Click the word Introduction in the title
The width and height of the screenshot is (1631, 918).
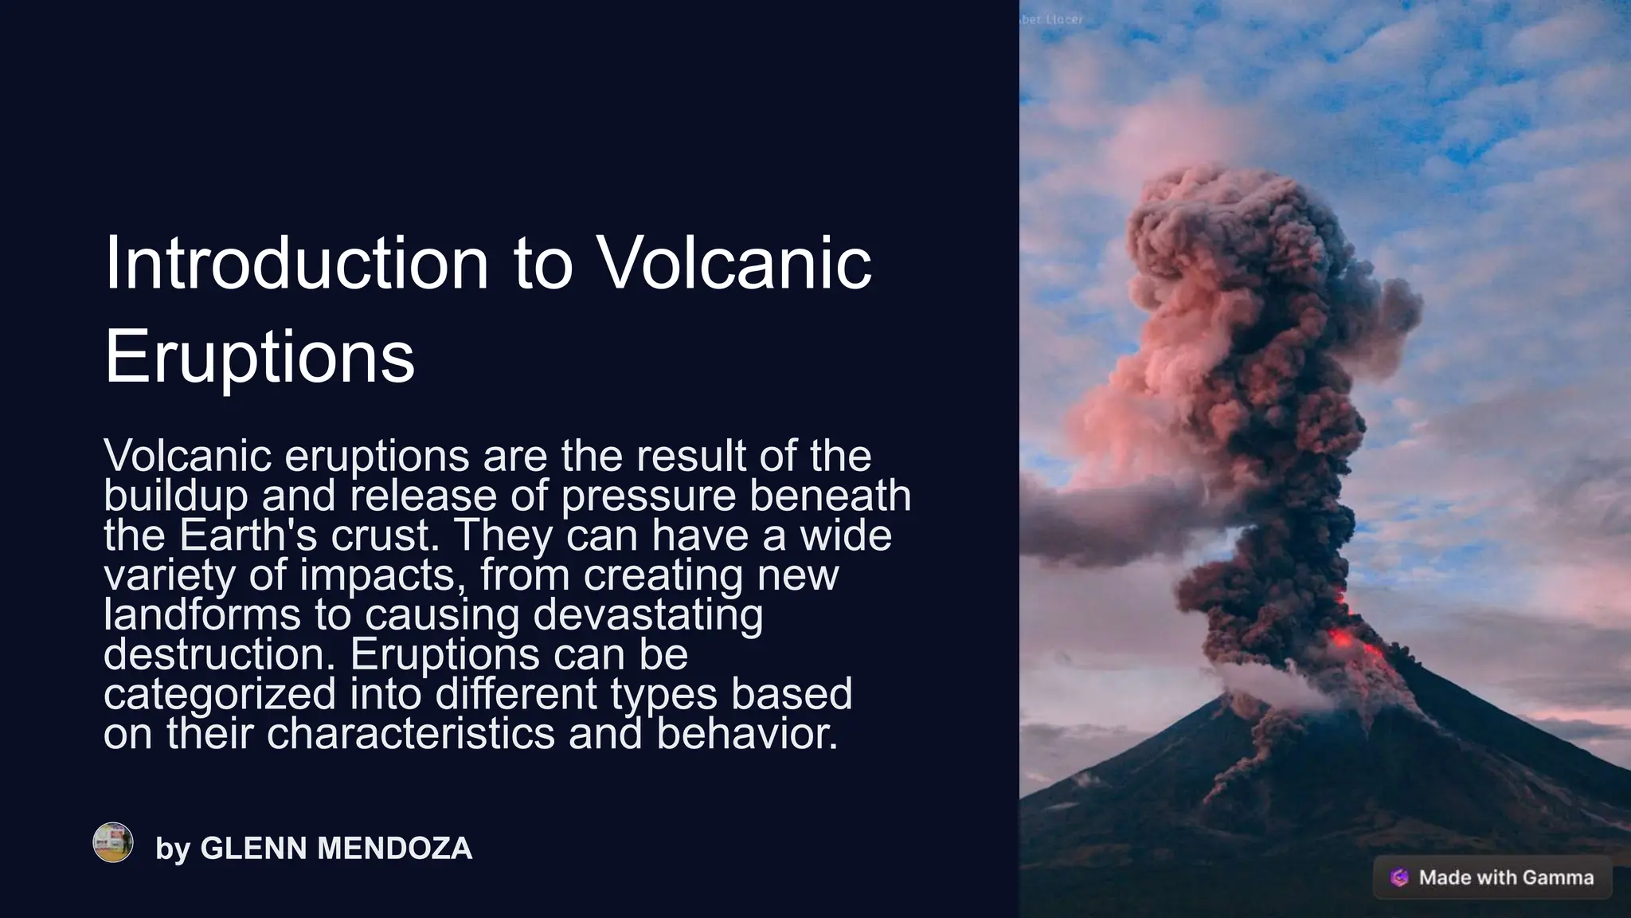tap(296, 264)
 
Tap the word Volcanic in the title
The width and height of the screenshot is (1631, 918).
tap(733, 264)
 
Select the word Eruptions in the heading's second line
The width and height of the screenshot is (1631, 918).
tap(260, 356)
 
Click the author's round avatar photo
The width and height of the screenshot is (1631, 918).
tap(113, 842)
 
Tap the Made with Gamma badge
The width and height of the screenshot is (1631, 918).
tap(1492, 877)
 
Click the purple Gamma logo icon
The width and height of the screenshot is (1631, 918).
tap(1399, 877)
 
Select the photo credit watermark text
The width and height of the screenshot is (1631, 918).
tap(1052, 19)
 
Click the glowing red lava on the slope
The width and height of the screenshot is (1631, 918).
tap(1341, 637)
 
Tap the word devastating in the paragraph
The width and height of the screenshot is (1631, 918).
tap(647, 614)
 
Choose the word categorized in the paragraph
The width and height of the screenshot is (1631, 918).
tap(220, 693)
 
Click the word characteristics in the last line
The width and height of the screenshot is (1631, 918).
tap(410, 733)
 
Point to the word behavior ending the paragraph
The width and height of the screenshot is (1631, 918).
tap(746, 733)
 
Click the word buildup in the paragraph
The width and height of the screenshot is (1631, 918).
tap(176, 496)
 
